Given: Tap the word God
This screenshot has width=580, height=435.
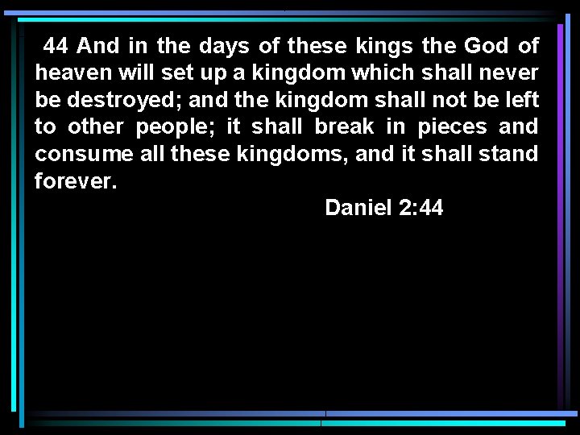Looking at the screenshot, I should (x=487, y=46).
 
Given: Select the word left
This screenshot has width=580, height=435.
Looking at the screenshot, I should (x=523, y=100).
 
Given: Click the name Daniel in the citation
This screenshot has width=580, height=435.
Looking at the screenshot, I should (x=357, y=208).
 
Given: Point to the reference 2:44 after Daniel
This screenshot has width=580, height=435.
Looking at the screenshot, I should (x=420, y=208).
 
